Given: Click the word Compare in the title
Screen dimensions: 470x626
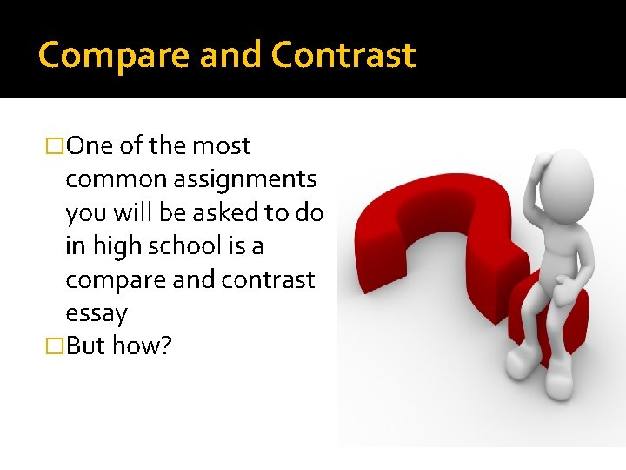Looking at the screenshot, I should click(x=114, y=56).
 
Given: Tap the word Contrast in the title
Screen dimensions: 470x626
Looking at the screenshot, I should click(x=343, y=56).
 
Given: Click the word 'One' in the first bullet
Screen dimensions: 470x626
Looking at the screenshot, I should click(x=90, y=146).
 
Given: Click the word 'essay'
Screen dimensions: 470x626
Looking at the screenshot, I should click(x=97, y=313).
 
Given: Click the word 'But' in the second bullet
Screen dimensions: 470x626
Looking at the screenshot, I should click(x=85, y=346).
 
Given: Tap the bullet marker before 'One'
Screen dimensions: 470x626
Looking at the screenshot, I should click(x=57, y=146).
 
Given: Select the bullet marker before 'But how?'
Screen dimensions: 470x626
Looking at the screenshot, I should click(x=57, y=346).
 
